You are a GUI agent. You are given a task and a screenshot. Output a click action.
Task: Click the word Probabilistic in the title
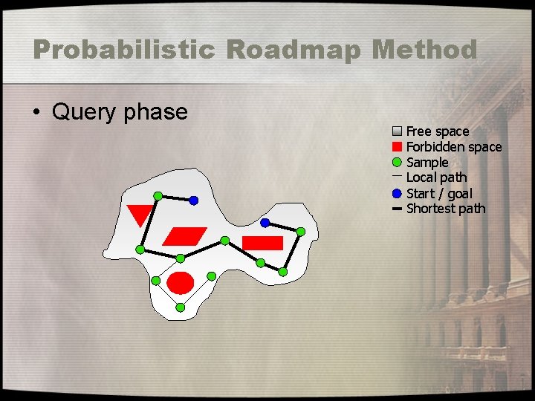(x=123, y=50)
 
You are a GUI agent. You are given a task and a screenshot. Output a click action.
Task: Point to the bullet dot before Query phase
(x=36, y=113)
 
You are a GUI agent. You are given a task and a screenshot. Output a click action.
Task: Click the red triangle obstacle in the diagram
(x=140, y=214)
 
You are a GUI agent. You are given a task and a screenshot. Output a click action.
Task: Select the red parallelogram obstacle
(x=184, y=236)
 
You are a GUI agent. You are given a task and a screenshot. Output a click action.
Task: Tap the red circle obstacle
(x=181, y=283)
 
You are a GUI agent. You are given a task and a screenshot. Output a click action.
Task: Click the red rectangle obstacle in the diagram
(x=263, y=243)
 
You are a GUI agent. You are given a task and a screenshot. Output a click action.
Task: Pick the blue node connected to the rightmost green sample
(x=265, y=223)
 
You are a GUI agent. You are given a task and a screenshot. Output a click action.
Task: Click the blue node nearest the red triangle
(x=193, y=200)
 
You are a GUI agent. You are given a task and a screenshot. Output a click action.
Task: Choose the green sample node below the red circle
(x=180, y=307)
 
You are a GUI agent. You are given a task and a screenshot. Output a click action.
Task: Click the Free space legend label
(x=438, y=131)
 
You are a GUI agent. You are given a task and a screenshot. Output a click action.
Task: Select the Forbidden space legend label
(x=454, y=147)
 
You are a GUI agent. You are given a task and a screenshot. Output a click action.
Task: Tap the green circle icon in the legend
(x=397, y=162)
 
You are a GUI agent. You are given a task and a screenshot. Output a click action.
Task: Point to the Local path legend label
(x=437, y=177)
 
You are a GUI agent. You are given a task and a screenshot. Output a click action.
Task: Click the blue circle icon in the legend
(x=397, y=193)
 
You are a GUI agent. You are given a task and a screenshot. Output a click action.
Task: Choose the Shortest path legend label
(x=446, y=209)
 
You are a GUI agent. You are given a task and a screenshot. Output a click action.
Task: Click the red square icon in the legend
(x=397, y=146)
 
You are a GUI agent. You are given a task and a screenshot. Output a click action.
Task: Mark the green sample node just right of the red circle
(x=211, y=276)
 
